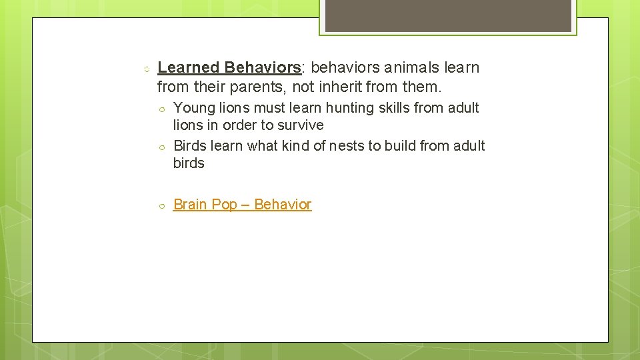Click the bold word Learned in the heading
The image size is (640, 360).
[x=189, y=67]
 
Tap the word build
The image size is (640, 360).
[x=417, y=146]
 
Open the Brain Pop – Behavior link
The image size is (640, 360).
[x=242, y=205]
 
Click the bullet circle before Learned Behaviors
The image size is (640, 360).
[x=145, y=68]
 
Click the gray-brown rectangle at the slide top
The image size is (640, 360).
[x=448, y=15]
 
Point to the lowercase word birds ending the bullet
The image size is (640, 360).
[x=189, y=163]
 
